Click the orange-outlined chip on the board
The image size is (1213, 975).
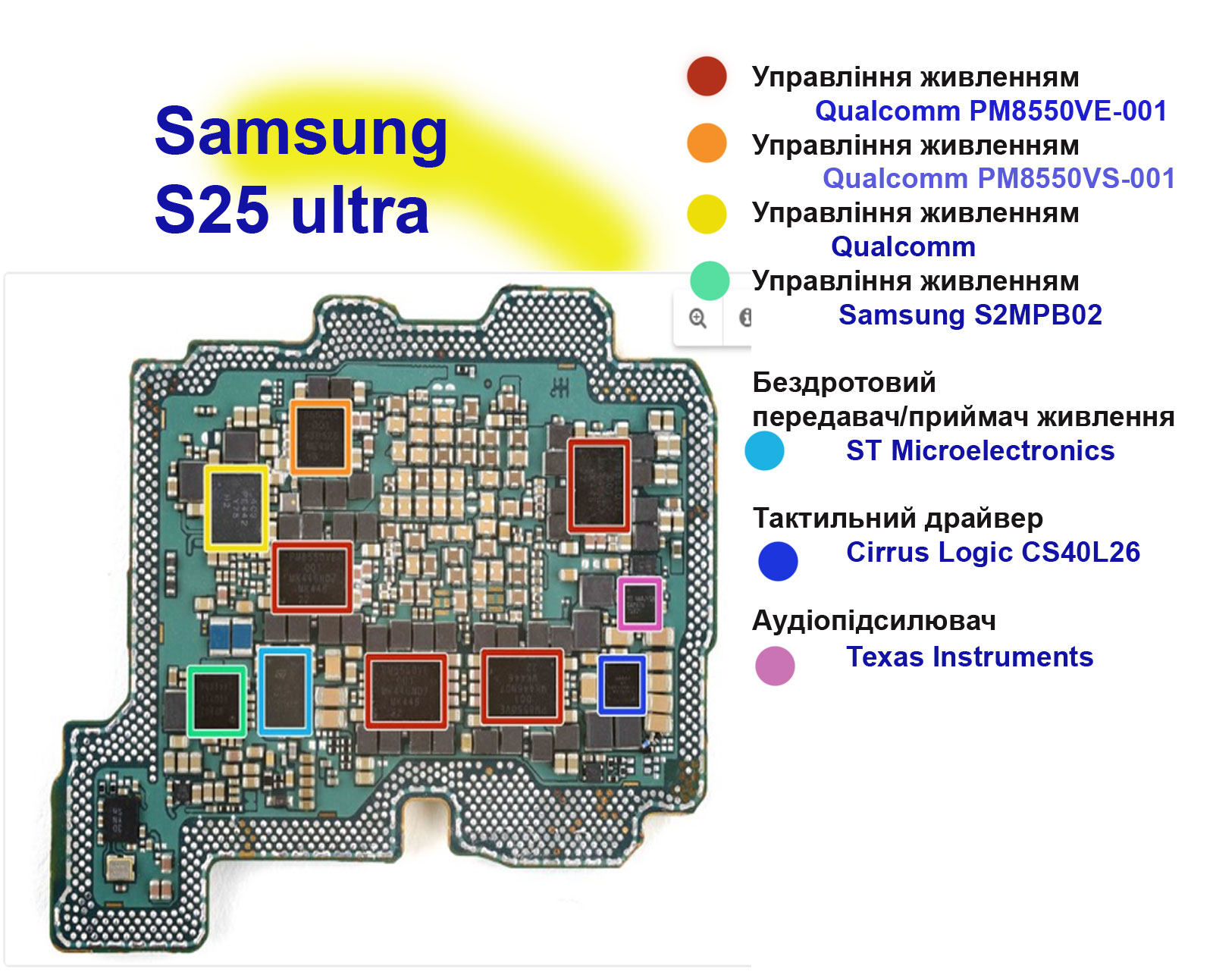[x=321, y=437]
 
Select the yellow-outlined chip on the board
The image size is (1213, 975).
[x=237, y=507]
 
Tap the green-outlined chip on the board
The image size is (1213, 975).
[x=217, y=701]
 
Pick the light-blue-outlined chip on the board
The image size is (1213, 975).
[x=285, y=691]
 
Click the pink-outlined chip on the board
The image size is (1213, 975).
[x=640, y=603]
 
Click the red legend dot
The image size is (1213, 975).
[x=707, y=76]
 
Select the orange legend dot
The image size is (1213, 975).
[x=707, y=143]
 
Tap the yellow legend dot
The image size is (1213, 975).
[x=707, y=213]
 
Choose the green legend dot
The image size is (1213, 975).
[x=710, y=281]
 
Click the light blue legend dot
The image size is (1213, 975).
[x=764, y=450]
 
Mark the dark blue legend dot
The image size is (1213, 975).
[x=778, y=561]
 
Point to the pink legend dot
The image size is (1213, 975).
[x=775, y=666]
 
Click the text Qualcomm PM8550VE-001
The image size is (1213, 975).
[x=991, y=111]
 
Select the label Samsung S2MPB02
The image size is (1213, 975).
[x=970, y=315]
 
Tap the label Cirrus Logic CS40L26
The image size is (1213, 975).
[x=993, y=552]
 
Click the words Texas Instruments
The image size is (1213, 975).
[x=970, y=657]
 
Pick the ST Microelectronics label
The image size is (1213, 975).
[x=980, y=450]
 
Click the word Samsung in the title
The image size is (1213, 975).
[x=301, y=131]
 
